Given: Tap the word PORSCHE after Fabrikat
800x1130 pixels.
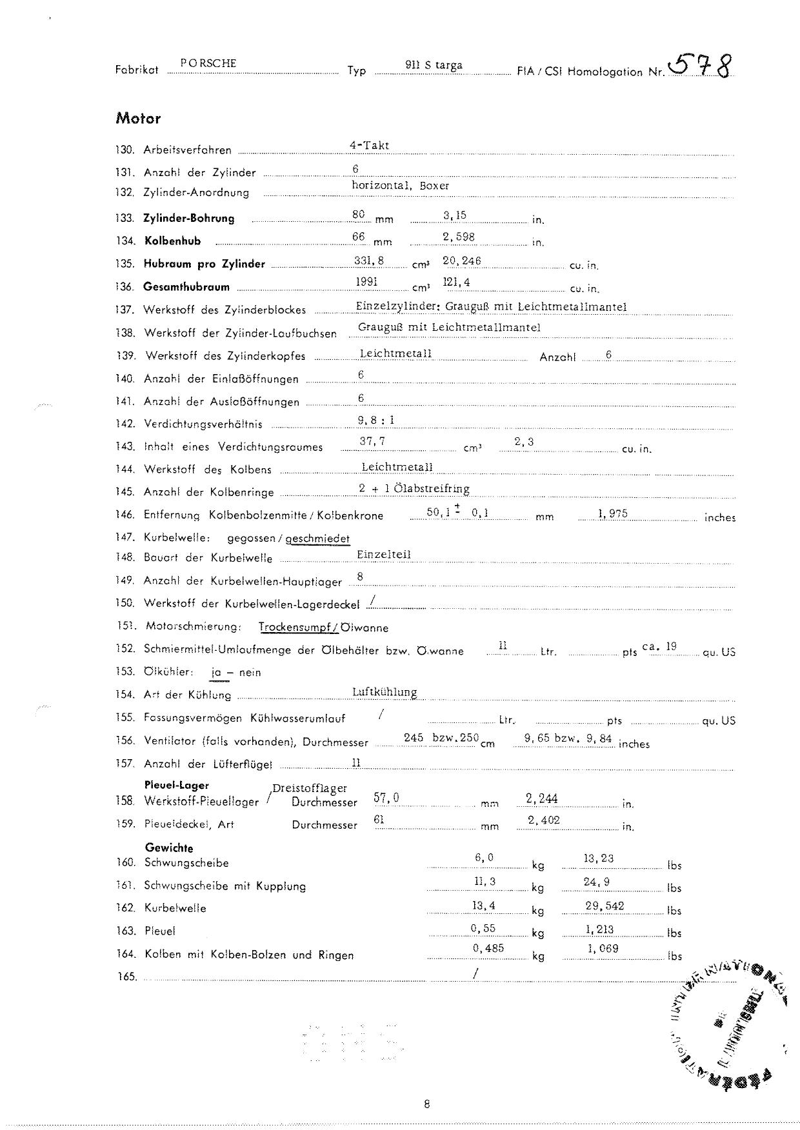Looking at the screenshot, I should pyautogui.click(x=208, y=63).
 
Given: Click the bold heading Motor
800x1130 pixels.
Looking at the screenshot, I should pyautogui.click(x=138, y=119).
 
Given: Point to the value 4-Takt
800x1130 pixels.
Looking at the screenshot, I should pyautogui.click(x=369, y=145).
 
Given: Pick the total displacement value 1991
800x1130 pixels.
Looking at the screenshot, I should pyautogui.click(x=366, y=281).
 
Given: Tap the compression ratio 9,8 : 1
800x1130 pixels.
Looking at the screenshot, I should pyautogui.click(x=376, y=420).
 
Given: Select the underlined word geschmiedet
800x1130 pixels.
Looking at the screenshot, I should pyautogui.click(x=317, y=538).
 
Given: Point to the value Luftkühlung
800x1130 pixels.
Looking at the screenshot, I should pyautogui.click(x=385, y=692).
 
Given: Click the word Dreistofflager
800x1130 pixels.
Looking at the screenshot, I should pyautogui.click(x=310, y=788).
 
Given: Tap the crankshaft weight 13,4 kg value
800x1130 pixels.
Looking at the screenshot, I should pyautogui.click(x=483, y=906).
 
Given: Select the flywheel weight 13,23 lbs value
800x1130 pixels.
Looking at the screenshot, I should pyautogui.click(x=598, y=858).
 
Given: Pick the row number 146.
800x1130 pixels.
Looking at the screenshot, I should pyautogui.click(x=125, y=515).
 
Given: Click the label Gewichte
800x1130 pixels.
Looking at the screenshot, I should pyautogui.click(x=168, y=848).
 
